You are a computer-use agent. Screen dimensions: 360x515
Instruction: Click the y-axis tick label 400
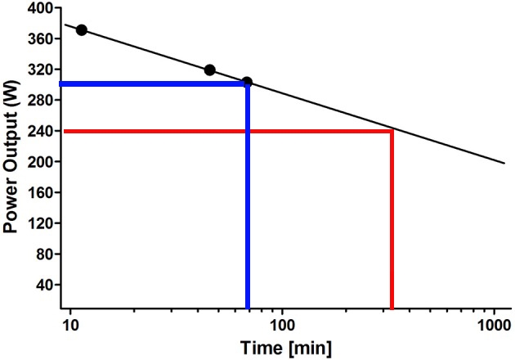[41, 8]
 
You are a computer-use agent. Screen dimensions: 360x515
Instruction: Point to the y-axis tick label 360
[41, 39]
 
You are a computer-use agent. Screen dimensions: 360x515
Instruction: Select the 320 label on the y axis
[41, 70]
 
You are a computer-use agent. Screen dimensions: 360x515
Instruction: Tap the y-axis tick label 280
[41, 101]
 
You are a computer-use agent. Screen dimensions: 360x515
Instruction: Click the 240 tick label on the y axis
[41, 131]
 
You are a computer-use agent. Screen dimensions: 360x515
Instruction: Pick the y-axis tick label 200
[41, 162]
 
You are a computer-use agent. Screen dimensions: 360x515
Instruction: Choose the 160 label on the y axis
[41, 193]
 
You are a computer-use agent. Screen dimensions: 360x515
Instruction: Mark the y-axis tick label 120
[41, 223]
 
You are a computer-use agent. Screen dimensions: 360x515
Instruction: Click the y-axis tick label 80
[44, 254]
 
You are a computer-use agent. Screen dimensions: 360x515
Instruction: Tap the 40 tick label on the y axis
[44, 285]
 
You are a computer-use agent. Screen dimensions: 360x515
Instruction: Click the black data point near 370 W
[81, 30]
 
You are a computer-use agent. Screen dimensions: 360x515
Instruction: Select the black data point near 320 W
[209, 70]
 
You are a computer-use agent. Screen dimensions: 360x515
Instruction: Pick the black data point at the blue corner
[247, 83]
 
